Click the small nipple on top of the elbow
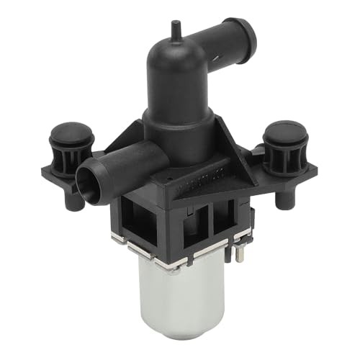pos(174,29)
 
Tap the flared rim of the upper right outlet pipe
pos(244,30)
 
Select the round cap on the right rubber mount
pos(285,132)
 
